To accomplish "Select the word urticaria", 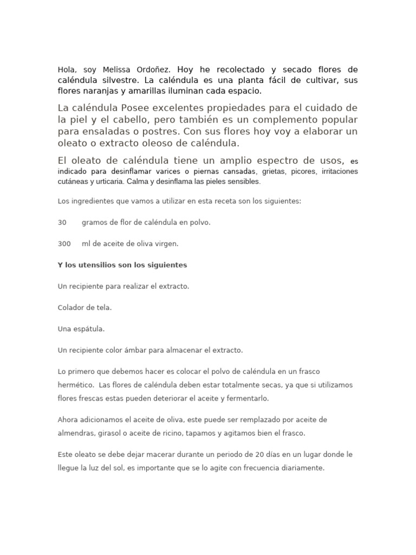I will pyautogui.click(x=105, y=182).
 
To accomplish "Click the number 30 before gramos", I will pyautogui.click(x=62, y=222).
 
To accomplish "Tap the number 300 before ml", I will pyautogui.click(x=64, y=243).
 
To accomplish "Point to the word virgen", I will pyautogui.click(x=167, y=243).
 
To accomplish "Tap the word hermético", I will pyautogui.click(x=76, y=385).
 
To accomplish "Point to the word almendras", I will pyautogui.click(x=76, y=433).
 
